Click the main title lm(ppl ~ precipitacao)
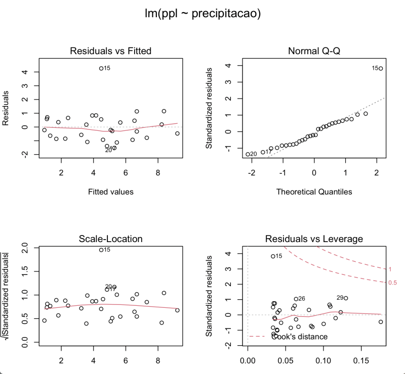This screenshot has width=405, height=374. click(x=202, y=14)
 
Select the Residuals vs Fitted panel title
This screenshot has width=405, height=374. click(x=110, y=51)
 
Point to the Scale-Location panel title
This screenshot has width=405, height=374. click(x=110, y=239)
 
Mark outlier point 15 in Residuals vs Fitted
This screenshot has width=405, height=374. click(x=101, y=68)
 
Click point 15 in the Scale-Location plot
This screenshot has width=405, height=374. click(x=101, y=250)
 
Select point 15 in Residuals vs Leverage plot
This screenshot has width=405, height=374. click(x=273, y=256)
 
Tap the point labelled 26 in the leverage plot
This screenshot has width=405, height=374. click(x=296, y=299)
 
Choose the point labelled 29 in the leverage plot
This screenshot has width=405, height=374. click(x=346, y=298)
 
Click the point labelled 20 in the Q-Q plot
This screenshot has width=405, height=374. click(x=248, y=154)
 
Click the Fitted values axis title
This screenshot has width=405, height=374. click(x=110, y=192)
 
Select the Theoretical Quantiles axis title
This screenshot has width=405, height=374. click(x=314, y=192)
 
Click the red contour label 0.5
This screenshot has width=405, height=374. click(x=392, y=283)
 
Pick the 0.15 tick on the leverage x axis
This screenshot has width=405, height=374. click(x=360, y=361)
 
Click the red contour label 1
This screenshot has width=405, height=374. click(x=390, y=269)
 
